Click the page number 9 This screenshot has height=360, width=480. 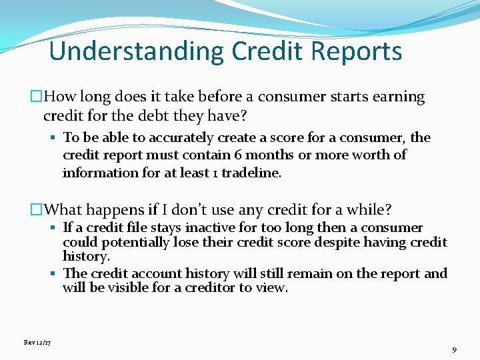[x=454, y=349]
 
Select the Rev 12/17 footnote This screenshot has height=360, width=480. [x=37, y=342]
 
